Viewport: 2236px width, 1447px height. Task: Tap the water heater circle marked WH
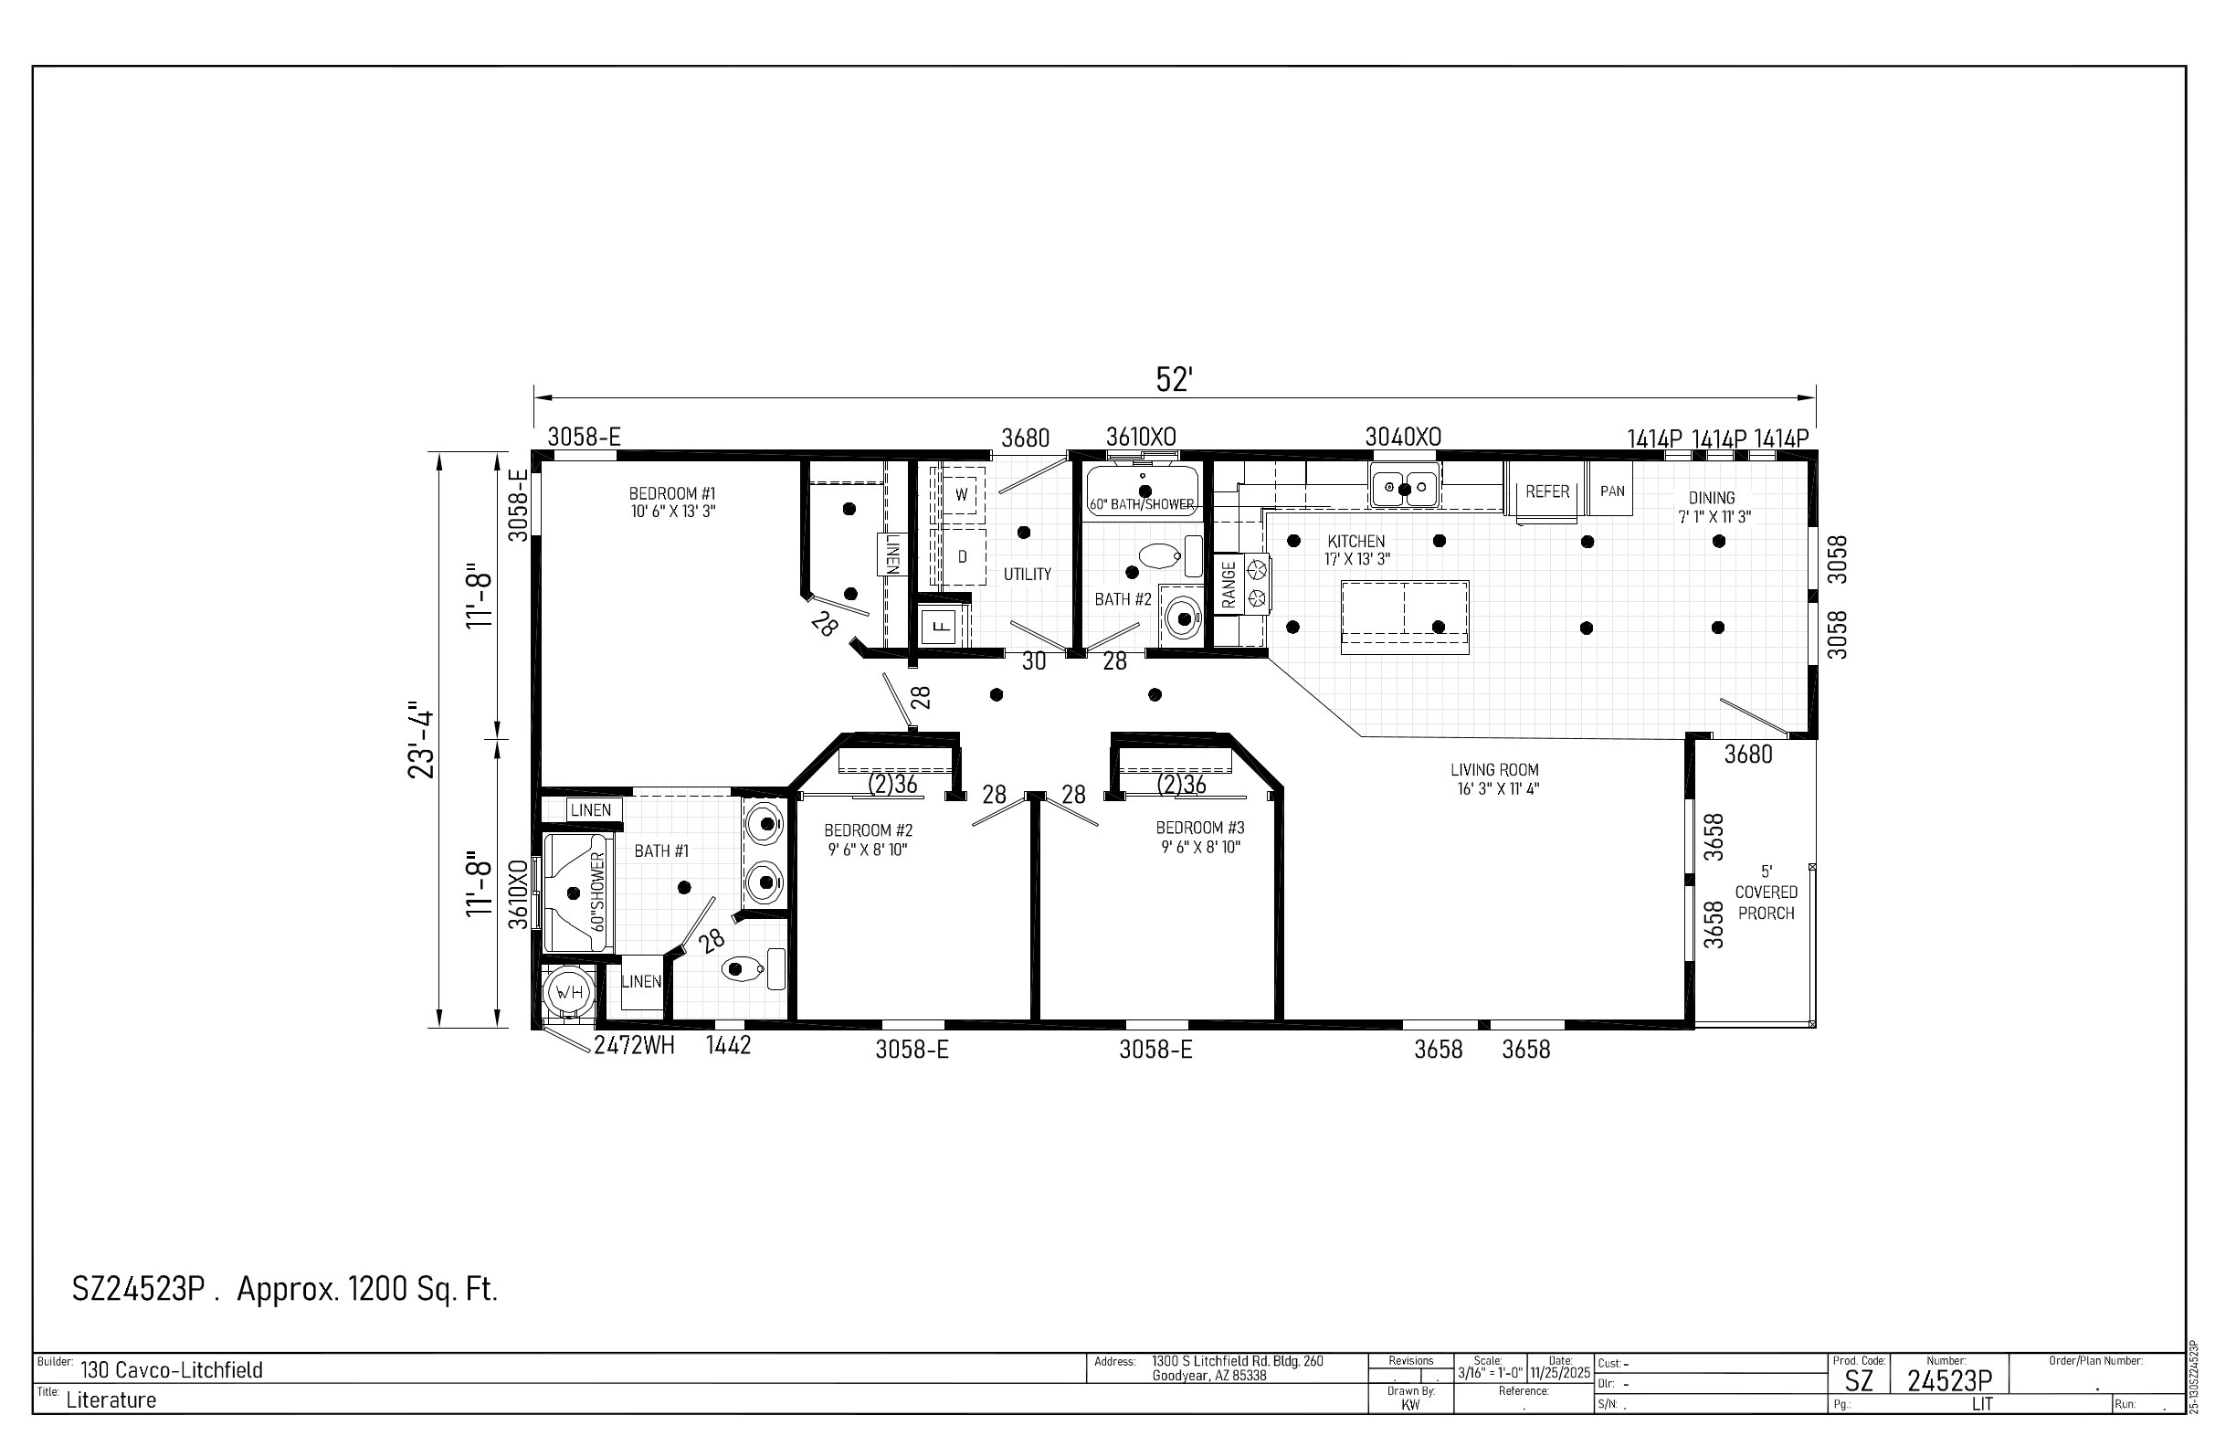coord(568,992)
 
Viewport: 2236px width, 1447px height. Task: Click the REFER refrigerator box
coord(1546,491)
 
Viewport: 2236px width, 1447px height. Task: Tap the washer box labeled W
coord(960,494)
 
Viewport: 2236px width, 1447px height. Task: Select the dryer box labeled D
coord(960,557)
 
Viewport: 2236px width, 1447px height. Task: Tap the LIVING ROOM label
coord(1493,769)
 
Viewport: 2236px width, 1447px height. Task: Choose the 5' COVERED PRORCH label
coord(1767,892)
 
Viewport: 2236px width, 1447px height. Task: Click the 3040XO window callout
coord(1403,437)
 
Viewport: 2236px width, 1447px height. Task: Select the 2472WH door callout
coord(634,1046)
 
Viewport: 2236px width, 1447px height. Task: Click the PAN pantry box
coord(1612,490)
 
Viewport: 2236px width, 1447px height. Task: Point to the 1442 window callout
coord(728,1046)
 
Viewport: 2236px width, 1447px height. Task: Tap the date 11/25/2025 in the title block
coord(1560,1373)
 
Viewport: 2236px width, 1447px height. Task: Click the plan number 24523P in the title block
coord(1949,1380)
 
